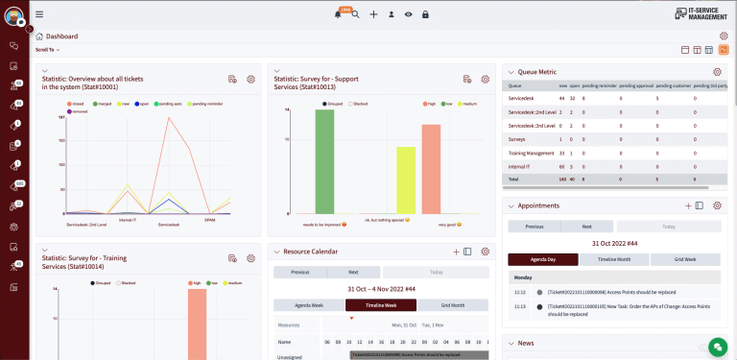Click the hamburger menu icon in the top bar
point(39,13)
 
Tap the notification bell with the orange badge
point(338,14)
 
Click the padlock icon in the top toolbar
point(425,14)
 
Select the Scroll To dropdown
point(47,49)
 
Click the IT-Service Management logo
point(695,13)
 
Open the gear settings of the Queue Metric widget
point(717,72)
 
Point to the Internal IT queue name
point(523,165)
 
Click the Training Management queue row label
point(531,152)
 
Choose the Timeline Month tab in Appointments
point(615,258)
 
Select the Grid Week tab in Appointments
point(685,258)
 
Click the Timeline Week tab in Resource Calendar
point(381,305)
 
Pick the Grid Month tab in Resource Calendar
point(453,305)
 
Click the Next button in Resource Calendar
point(352,272)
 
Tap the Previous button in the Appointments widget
point(534,227)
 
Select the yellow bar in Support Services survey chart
point(406,180)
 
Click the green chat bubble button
point(716,346)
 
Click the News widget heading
point(526,343)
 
